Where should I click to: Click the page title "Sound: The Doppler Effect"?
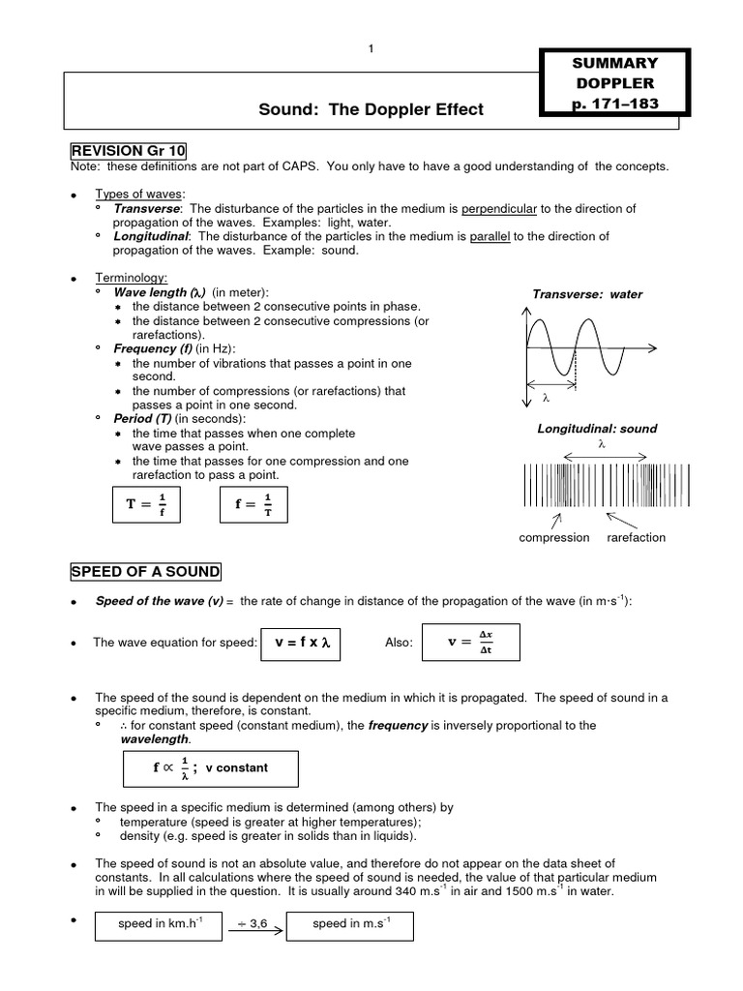point(371,109)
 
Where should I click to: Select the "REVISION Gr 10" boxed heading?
point(129,151)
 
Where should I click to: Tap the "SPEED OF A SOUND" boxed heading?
point(145,571)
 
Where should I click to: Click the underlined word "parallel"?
point(490,236)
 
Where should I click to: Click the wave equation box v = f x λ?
point(302,643)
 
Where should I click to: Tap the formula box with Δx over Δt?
point(471,643)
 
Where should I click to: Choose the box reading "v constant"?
point(211,767)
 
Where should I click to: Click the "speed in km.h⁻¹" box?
point(160,924)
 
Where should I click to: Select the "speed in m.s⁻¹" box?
point(350,924)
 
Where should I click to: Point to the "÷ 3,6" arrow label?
point(253,924)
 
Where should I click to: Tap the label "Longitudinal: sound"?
point(597,429)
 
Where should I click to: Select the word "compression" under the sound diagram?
point(554,538)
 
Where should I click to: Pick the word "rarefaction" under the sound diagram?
point(636,538)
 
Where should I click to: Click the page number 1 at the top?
point(371,50)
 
